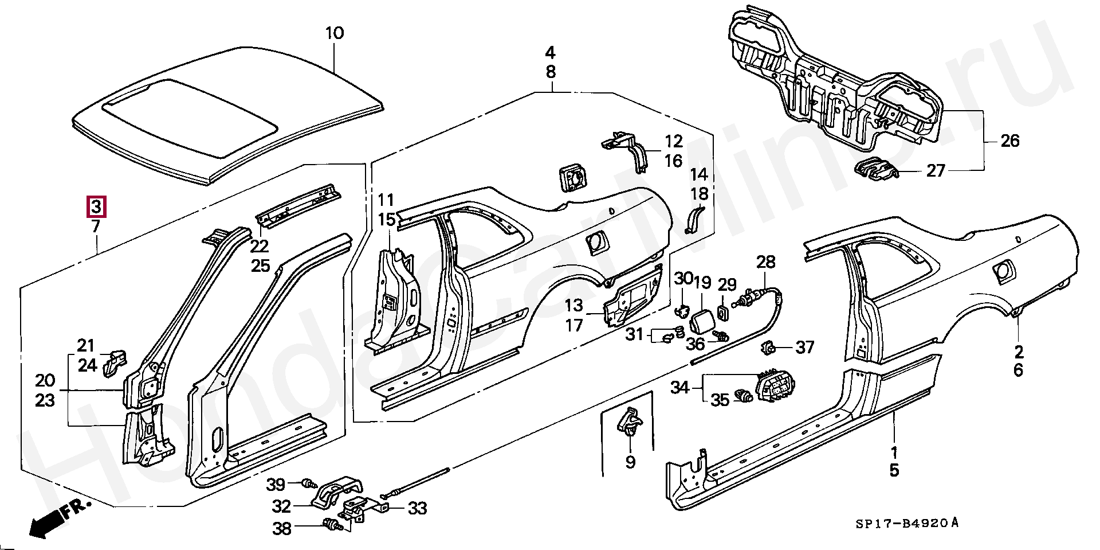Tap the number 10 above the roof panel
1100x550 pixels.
click(335, 33)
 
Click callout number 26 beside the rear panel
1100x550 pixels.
click(1010, 141)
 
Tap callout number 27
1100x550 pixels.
click(936, 170)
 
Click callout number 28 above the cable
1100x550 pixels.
click(765, 262)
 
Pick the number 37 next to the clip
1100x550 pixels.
click(805, 347)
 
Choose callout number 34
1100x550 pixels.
click(680, 388)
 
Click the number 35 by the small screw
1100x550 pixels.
click(720, 399)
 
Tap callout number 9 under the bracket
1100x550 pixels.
click(630, 462)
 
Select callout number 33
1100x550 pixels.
click(418, 508)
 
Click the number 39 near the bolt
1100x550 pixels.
click(276, 485)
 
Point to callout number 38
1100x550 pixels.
click(281, 528)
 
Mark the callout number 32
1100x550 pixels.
click(281, 506)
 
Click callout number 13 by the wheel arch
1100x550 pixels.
click(573, 306)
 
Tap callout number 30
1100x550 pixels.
click(683, 279)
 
